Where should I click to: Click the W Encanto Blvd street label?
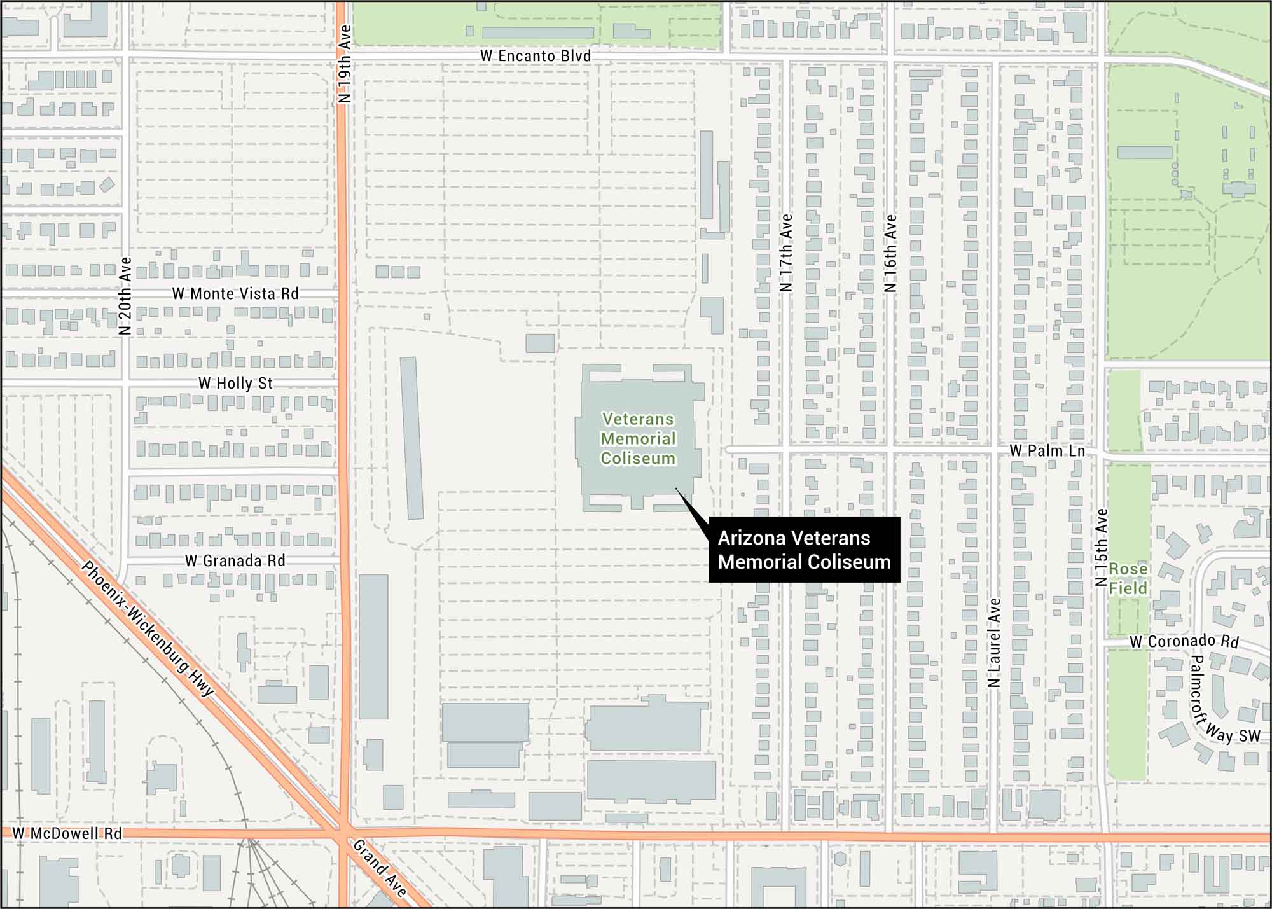pos(536,56)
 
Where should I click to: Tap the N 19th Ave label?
pos(345,64)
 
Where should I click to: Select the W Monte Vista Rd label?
pos(235,294)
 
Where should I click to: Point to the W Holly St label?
pos(235,384)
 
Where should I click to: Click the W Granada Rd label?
pos(235,561)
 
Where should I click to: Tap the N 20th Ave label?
pos(125,296)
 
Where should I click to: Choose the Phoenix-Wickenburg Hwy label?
pos(148,628)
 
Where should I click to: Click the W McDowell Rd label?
pos(67,833)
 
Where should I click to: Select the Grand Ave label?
pos(380,868)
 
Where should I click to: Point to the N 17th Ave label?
pos(787,253)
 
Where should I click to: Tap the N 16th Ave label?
pos(890,253)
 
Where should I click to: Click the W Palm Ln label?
pos(1047,451)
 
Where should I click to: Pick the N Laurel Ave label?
pos(995,642)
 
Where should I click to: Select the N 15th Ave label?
pos(1102,547)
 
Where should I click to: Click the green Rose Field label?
pos(1128,578)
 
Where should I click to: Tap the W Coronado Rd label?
pos(1184,642)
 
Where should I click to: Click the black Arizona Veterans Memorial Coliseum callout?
pos(804,550)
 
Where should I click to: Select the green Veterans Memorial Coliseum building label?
pos(638,438)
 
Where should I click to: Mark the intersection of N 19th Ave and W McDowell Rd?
pos(343,830)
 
